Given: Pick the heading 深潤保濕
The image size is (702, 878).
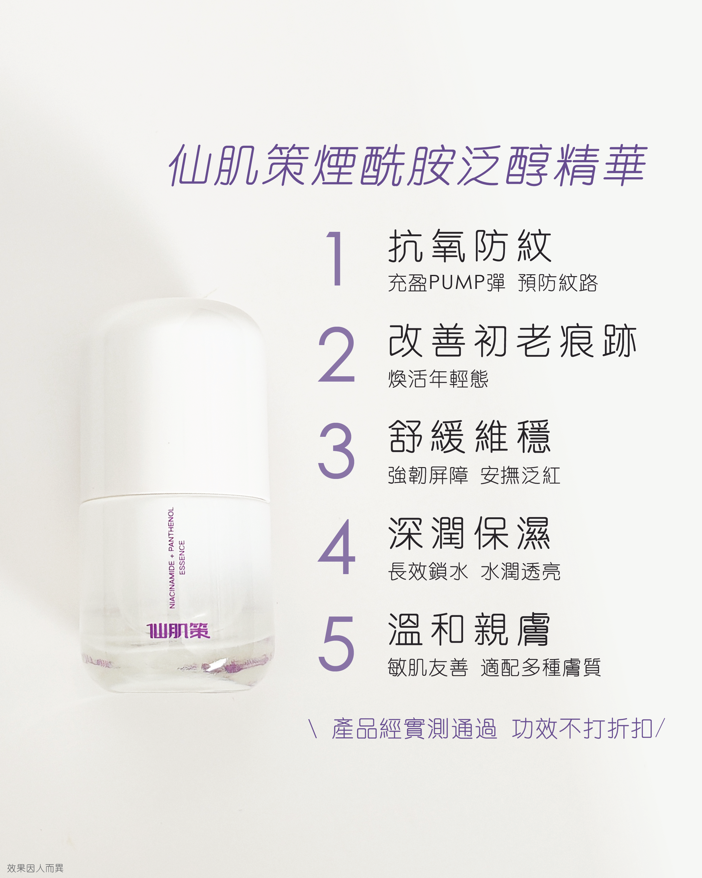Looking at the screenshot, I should (470, 534).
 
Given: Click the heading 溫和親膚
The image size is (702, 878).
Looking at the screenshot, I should (470, 630).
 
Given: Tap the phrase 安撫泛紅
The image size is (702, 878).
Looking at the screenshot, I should (520, 475).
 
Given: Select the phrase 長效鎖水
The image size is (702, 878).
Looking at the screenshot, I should (428, 571).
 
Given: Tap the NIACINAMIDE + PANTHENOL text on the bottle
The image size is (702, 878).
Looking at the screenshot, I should (171, 558).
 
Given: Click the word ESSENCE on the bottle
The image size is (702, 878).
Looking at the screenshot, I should (182, 558).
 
